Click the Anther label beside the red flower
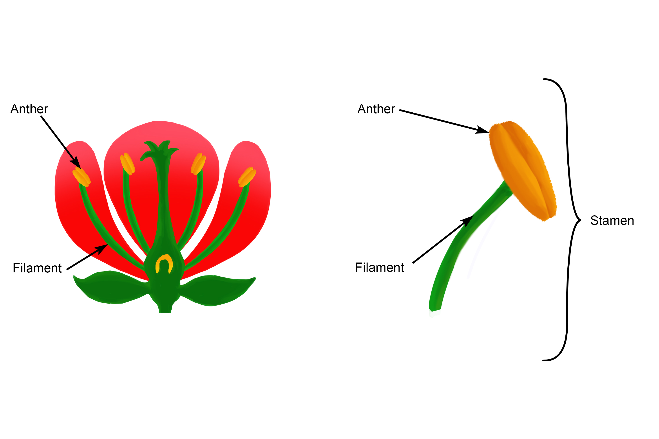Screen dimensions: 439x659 point(29,109)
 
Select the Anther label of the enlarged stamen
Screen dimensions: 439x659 point(376,109)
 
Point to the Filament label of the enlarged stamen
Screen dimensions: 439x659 point(379,268)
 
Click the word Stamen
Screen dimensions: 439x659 point(612,221)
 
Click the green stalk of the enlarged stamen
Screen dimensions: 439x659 point(460,246)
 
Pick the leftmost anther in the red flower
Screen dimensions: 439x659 point(81,177)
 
